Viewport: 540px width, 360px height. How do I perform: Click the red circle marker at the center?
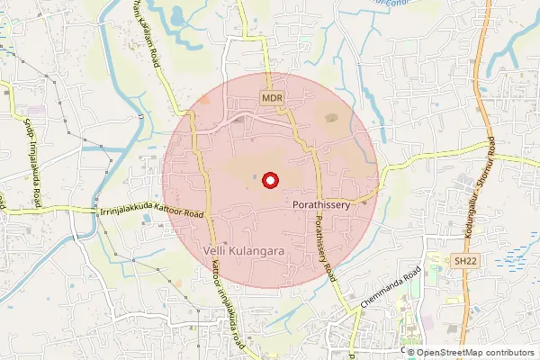pyautogui.click(x=268, y=181)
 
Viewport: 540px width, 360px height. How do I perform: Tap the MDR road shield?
pyautogui.click(x=272, y=96)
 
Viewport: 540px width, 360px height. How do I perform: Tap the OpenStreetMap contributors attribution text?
pyautogui.click(x=476, y=352)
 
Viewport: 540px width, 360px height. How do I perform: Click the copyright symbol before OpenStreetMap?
pyautogui.click(x=412, y=352)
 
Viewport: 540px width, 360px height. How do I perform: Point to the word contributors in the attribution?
pyautogui.click(x=508, y=352)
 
